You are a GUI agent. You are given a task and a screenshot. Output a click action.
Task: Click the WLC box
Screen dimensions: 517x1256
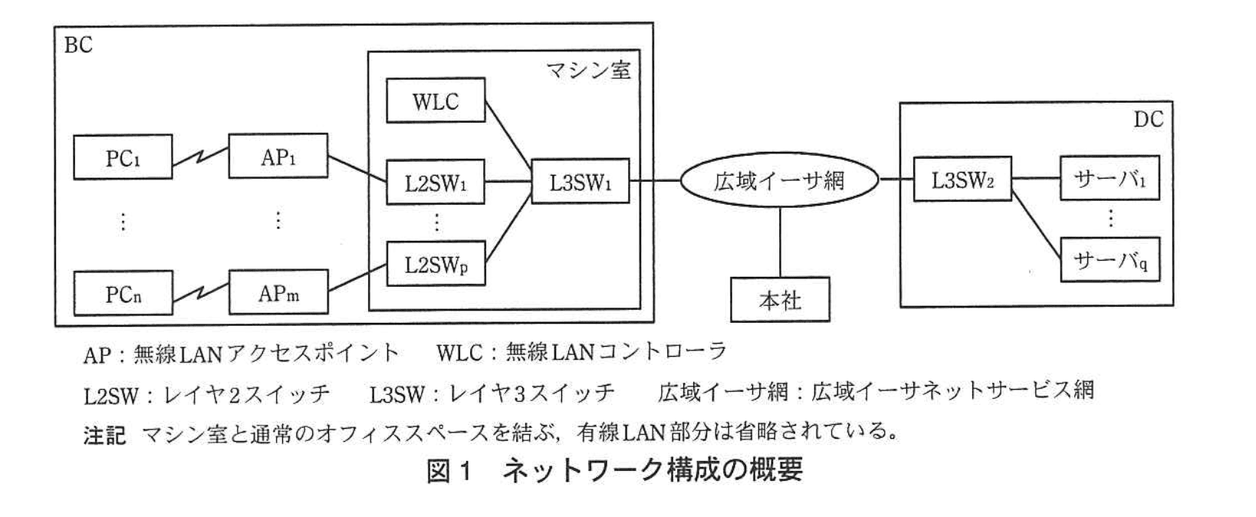(436, 100)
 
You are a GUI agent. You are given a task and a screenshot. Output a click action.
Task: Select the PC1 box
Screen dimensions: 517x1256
(123, 157)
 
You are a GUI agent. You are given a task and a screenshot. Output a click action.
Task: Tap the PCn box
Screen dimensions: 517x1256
(123, 292)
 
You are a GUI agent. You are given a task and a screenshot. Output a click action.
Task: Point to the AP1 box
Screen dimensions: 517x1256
(278, 156)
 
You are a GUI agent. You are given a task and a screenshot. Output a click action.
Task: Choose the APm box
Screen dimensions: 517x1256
(278, 292)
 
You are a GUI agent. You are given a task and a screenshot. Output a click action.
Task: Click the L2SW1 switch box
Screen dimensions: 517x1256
(435, 183)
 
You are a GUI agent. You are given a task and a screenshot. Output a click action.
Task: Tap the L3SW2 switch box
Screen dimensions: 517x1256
(962, 179)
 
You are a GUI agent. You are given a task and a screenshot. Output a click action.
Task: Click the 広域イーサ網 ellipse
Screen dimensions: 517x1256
(779, 181)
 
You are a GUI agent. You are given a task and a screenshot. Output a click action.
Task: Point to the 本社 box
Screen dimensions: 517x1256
(779, 299)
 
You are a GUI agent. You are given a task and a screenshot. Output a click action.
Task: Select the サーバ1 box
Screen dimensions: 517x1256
(1109, 179)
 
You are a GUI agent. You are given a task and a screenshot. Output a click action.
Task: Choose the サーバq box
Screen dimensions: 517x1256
(1109, 260)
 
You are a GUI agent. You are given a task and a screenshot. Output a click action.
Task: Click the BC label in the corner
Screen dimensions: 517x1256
(77, 45)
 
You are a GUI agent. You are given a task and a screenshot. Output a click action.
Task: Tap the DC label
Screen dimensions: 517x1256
(1147, 119)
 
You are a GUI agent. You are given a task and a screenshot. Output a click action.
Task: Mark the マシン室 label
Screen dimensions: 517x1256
(588, 71)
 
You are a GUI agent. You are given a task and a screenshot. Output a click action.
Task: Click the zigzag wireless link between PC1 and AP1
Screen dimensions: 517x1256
(200, 157)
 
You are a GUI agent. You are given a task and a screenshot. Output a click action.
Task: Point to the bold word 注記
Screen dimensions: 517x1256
(104, 435)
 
